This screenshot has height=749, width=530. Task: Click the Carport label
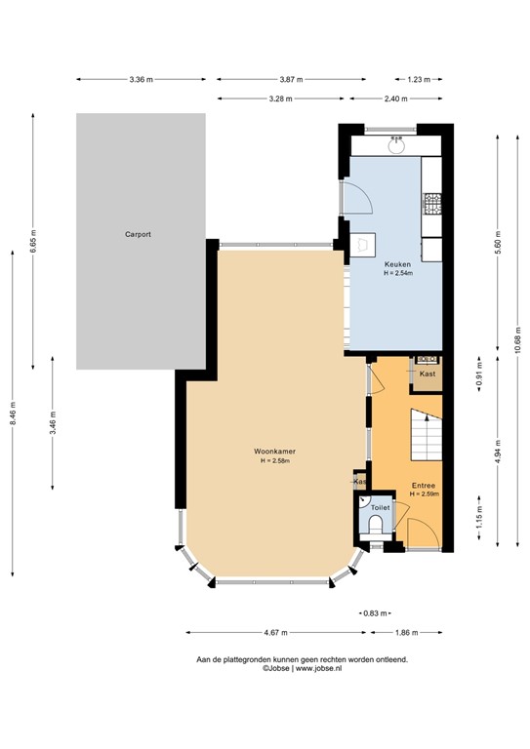(x=137, y=235)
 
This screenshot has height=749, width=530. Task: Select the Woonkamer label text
(x=274, y=453)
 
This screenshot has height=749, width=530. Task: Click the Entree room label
(x=424, y=485)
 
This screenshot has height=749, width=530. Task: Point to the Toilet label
(x=381, y=508)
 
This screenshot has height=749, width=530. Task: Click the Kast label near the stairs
(x=427, y=374)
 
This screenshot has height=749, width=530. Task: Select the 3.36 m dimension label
(x=141, y=80)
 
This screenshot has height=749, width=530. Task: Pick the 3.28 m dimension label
(x=280, y=99)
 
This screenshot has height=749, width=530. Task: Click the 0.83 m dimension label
(x=372, y=613)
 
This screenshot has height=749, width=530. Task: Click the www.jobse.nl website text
(x=323, y=669)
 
